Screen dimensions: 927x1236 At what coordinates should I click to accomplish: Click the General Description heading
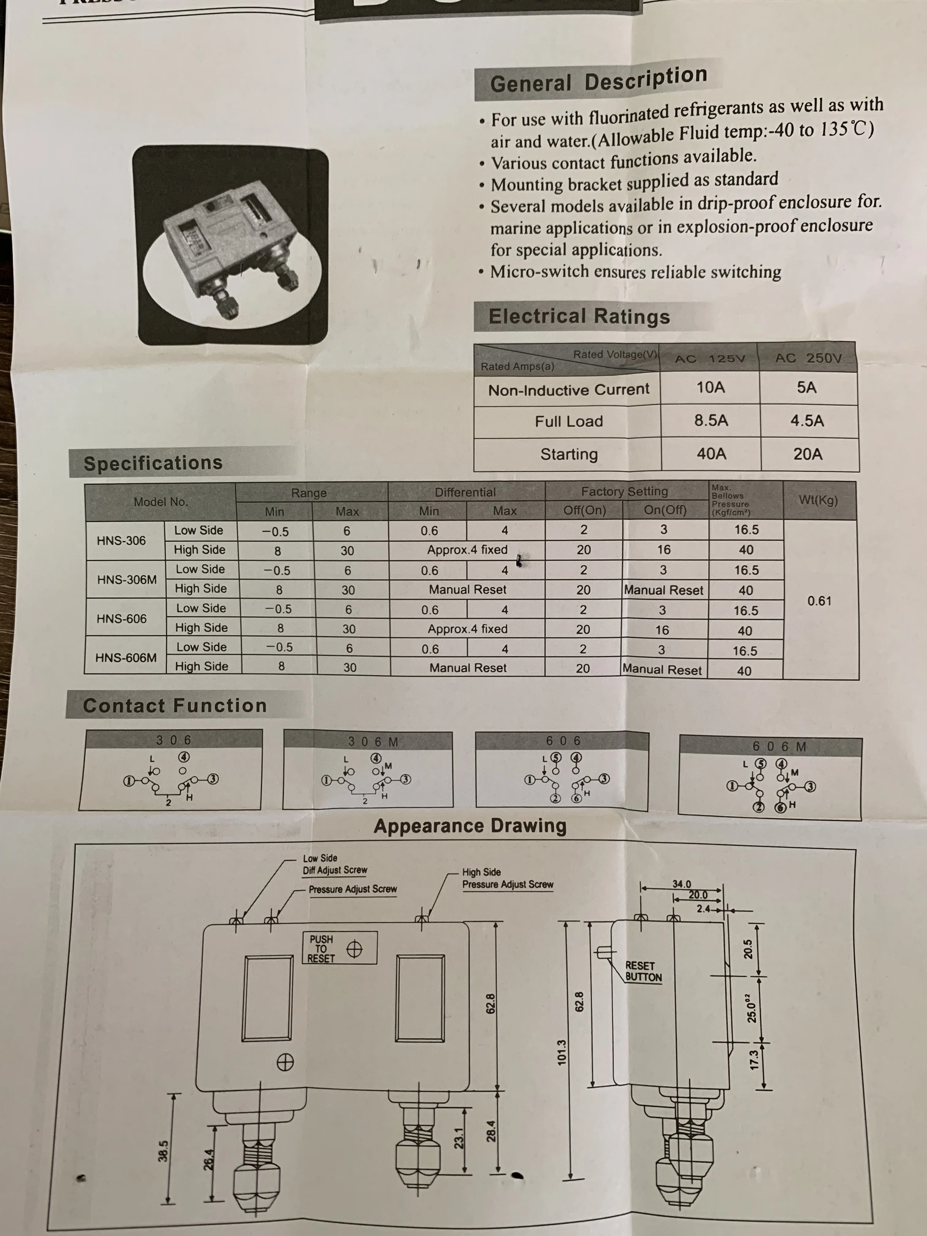click(598, 80)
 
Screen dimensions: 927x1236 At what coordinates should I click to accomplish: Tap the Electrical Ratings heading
click(579, 316)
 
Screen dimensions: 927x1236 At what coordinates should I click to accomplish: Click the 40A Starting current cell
click(711, 454)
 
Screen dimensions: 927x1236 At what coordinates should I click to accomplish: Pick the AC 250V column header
click(808, 358)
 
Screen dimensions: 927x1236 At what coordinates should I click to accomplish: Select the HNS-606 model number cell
click(121, 619)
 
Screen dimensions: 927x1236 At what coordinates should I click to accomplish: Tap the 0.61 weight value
click(819, 601)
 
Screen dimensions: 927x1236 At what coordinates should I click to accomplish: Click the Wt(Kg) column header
click(818, 500)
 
